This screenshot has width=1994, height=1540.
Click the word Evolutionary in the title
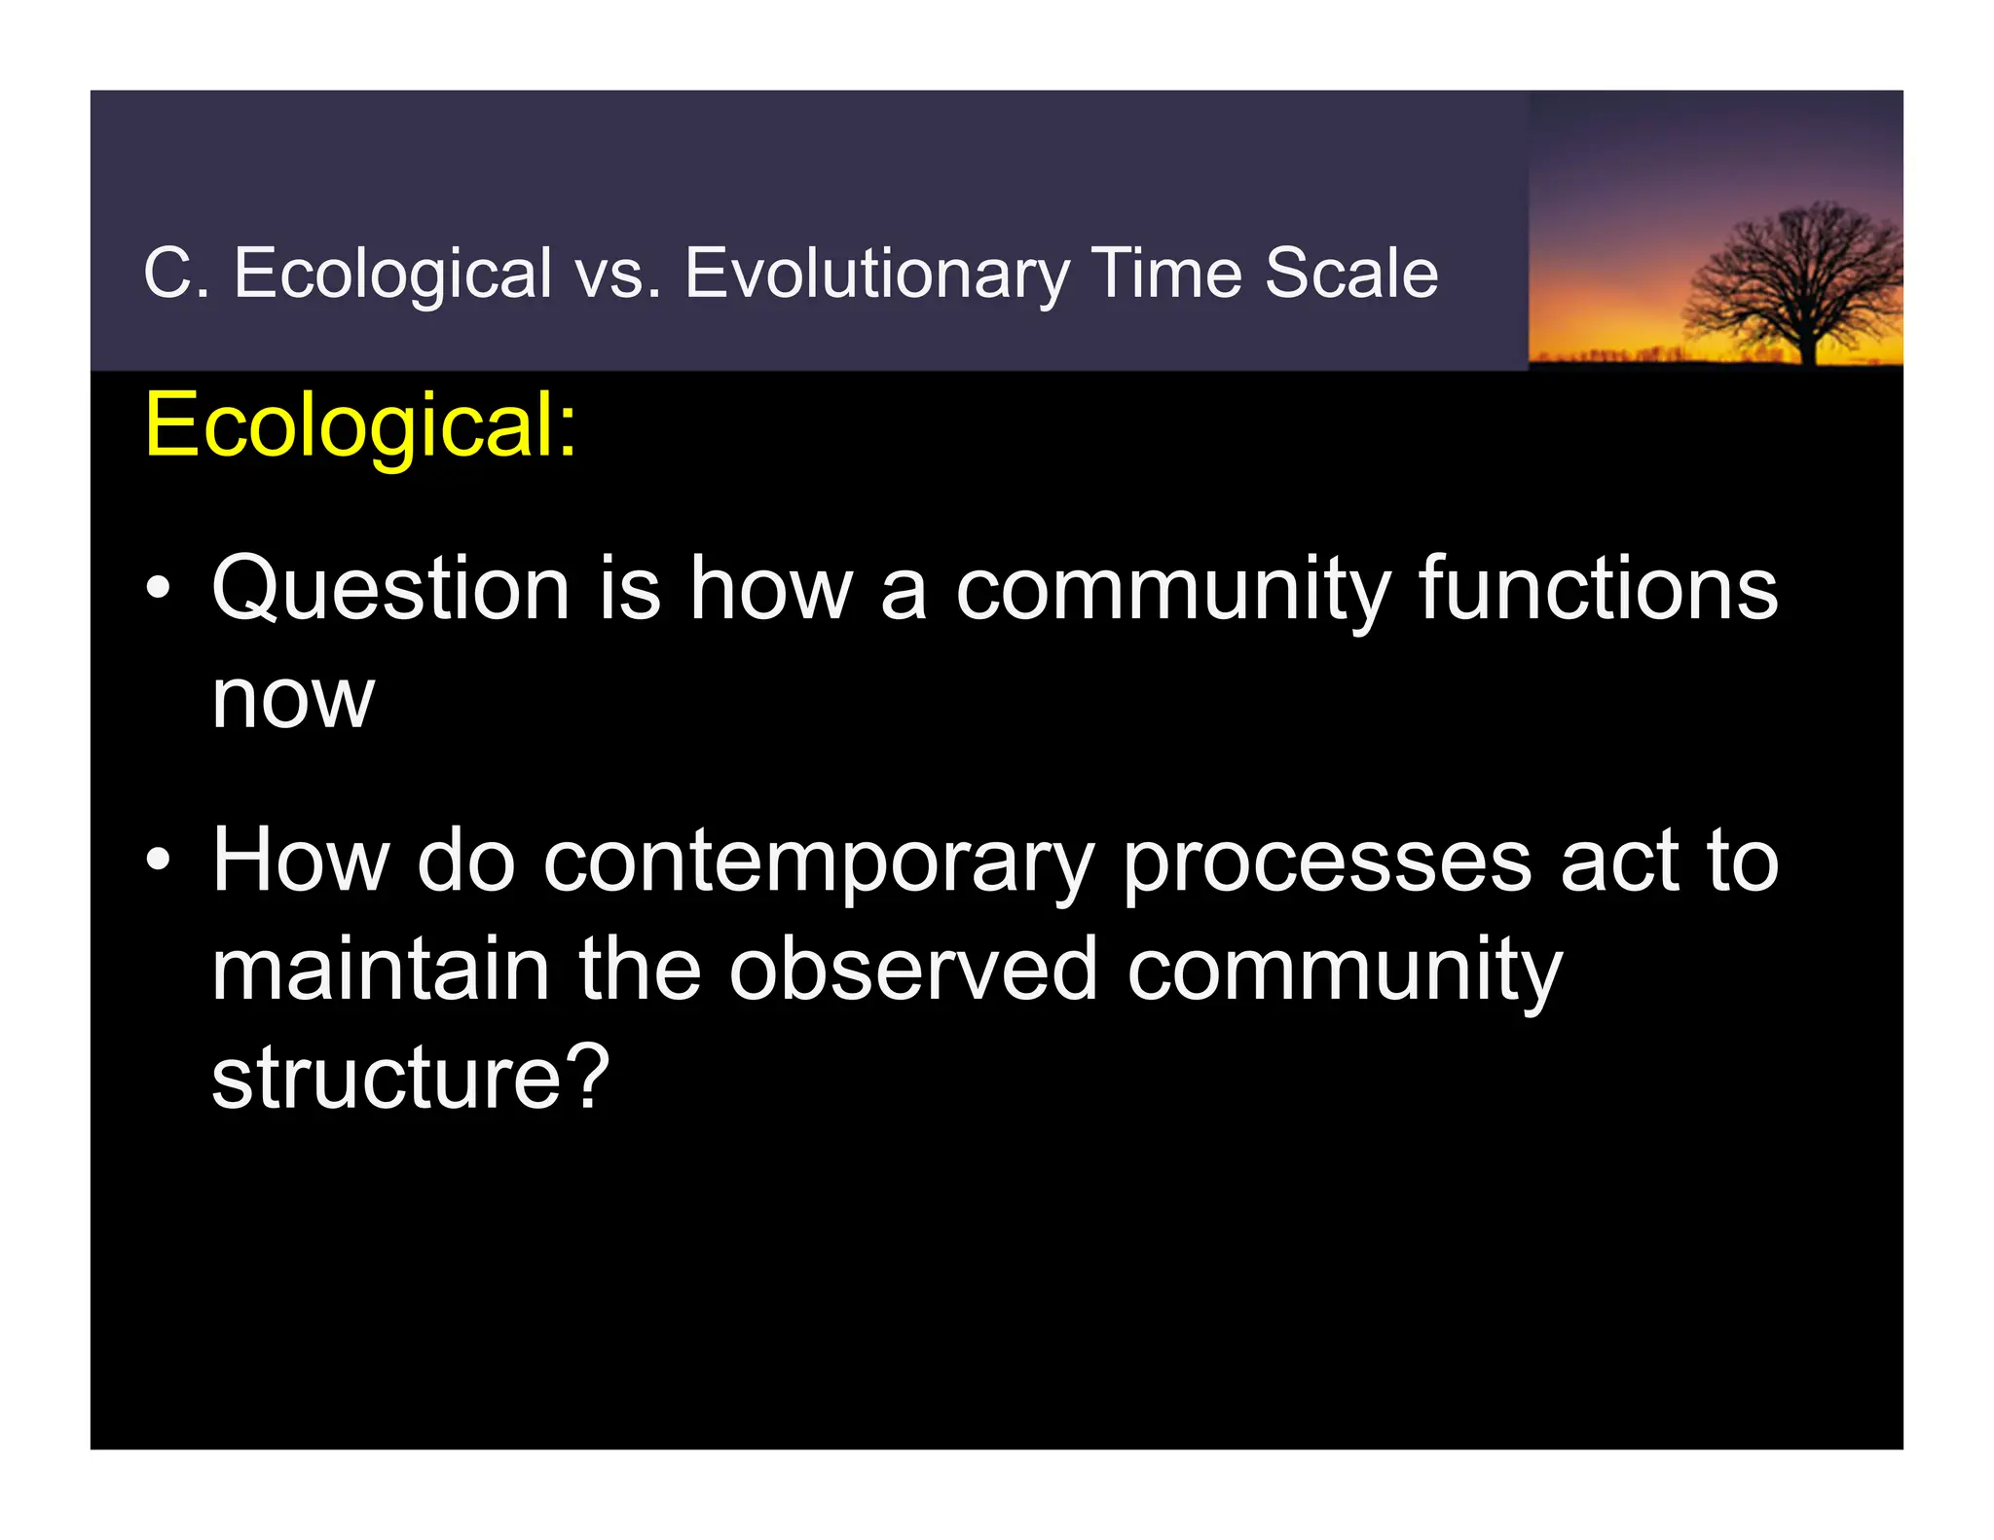coord(876,274)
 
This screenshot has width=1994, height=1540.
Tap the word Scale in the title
coord(1350,274)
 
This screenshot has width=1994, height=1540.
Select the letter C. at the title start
coord(175,274)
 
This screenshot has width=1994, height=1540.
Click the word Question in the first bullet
coord(390,590)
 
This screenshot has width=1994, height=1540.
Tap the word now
coord(292,701)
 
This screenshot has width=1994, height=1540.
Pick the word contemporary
coord(818,862)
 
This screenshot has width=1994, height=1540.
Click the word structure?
coord(410,1078)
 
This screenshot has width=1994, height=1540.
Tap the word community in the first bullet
coord(1172,592)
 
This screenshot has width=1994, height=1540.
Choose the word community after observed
coord(1344,972)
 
